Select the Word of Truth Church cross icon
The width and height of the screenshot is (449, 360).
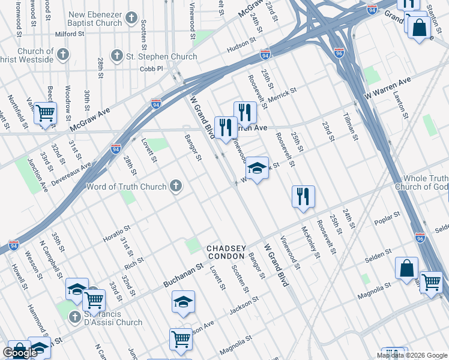176,187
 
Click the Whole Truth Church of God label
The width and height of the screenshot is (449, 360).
421,182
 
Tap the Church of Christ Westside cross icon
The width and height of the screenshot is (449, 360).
63,56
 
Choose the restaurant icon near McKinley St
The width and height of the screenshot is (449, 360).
303,196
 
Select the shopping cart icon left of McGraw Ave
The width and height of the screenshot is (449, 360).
45,113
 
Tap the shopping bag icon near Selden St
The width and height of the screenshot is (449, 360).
406,268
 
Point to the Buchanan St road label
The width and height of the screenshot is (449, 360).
183,275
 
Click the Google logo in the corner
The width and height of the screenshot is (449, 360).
20,353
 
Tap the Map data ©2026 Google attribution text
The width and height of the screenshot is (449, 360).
412,355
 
